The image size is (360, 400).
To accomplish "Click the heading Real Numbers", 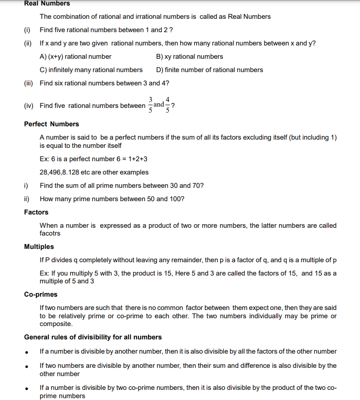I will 47,4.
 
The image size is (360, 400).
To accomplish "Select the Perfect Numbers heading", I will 51,124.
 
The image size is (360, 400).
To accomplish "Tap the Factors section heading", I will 36,212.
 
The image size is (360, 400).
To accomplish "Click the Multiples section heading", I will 39,247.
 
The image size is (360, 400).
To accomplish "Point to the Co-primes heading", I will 41,294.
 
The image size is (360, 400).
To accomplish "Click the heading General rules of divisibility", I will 93,337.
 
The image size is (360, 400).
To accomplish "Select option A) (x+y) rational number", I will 75,56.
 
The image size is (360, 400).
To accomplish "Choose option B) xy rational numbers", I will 189,56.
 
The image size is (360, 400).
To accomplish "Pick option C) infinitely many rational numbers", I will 91,70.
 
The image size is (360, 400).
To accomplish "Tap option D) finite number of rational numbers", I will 210,70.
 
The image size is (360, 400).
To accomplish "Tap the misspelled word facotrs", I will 50,233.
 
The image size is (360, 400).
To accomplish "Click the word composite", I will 56,324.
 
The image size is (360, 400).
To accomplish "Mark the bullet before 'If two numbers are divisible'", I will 28,366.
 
